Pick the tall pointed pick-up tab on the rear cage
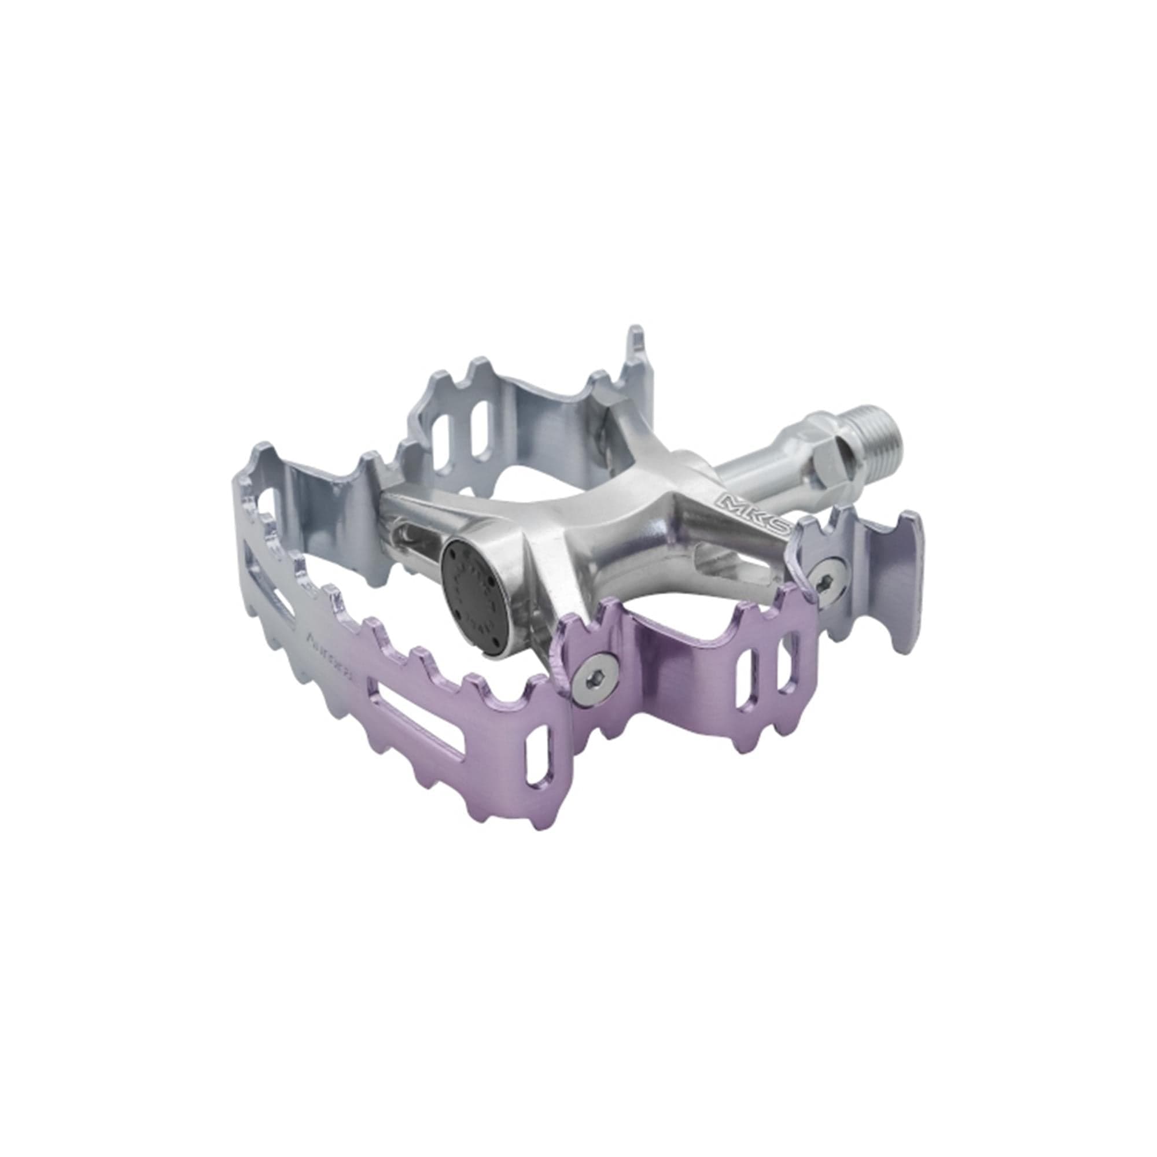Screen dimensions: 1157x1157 point(636,353)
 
